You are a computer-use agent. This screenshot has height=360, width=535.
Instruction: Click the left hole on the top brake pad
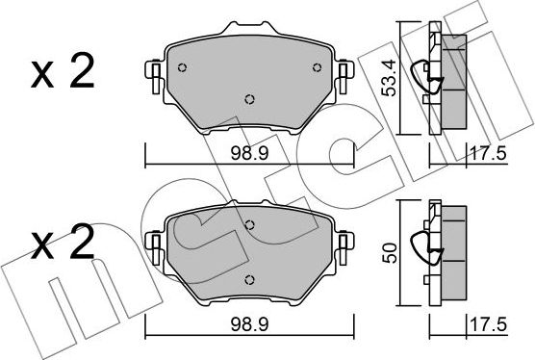183,65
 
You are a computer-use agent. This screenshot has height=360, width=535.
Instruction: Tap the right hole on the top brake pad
315,65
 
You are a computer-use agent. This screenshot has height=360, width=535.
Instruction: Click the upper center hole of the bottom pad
249,226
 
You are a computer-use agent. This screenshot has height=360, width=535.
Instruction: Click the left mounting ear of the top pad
152,72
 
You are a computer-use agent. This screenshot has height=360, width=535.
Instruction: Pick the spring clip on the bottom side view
424,248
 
